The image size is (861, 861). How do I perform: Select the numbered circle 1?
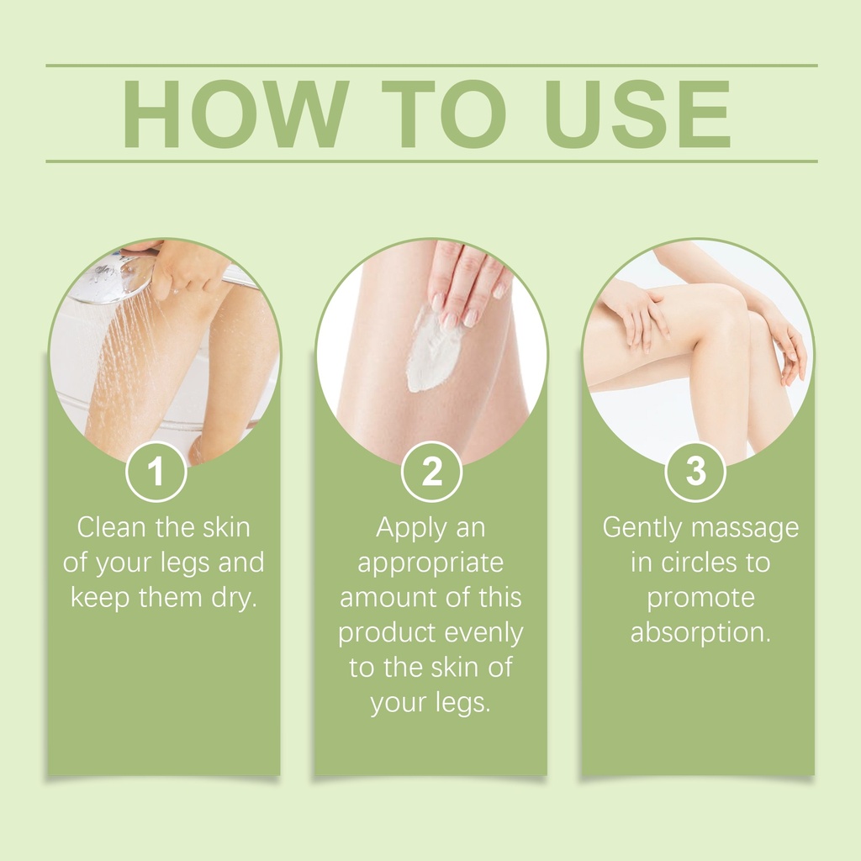pos(156,471)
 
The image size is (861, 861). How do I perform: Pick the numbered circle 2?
pos(431,471)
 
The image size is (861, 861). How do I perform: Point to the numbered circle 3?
pos(695,471)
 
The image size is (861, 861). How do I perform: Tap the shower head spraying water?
pos(113,277)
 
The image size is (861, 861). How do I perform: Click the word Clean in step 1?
pos(112,527)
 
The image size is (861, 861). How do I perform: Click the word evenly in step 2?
pos(483,634)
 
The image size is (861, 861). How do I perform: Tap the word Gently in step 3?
pos(642,529)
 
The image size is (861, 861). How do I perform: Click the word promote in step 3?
pos(700,599)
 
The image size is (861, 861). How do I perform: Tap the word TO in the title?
pos(444,114)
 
